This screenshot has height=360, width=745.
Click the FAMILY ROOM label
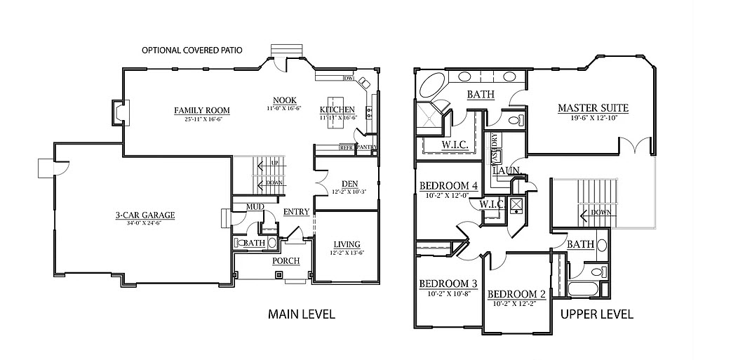point(202,110)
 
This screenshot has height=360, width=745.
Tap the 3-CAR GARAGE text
point(145,215)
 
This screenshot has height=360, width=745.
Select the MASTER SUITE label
point(593,108)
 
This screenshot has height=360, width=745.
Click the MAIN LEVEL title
point(302,314)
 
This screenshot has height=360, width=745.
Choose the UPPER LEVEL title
point(597,314)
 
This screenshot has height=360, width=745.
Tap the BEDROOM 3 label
point(448,284)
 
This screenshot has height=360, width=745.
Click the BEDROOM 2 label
point(516,293)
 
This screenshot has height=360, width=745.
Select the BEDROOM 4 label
point(448,186)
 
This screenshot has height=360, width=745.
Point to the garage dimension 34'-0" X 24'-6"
point(145,224)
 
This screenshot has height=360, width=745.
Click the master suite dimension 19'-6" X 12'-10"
point(593,118)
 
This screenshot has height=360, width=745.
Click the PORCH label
point(286,261)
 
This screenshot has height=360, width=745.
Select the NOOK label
point(283,100)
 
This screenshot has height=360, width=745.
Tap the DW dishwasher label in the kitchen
point(347,78)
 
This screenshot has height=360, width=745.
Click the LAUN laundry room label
point(505,171)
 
